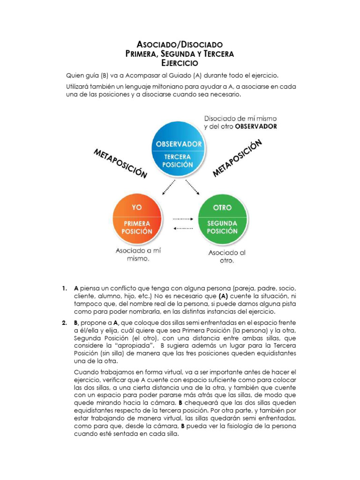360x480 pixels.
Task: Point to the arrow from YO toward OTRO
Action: click(x=183, y=218)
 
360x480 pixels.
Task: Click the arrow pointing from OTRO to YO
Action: click(x=183, y=228)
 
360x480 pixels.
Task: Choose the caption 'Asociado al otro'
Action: click(x=226, y=256)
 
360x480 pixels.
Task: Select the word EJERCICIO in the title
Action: click(x=180, y=63)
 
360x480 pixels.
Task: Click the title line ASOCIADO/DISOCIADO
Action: click(x=180, y=45)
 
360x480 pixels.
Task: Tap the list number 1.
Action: click(x=64, y=288)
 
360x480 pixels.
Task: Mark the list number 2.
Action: click(x=64, y=323)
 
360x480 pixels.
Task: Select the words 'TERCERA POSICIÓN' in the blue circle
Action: click(x=179, y=161)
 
